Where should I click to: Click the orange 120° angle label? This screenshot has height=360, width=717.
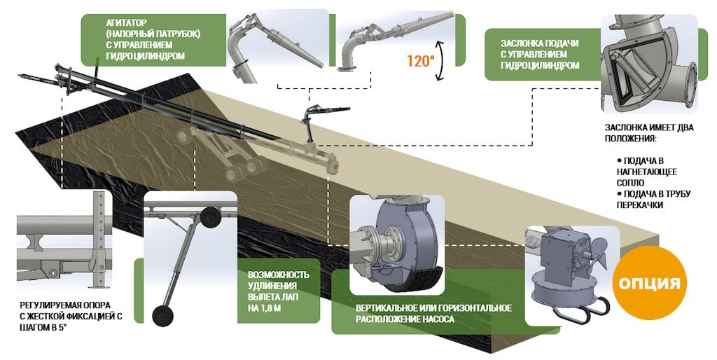point(420,61)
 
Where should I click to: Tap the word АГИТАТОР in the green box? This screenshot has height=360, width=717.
point(126,22)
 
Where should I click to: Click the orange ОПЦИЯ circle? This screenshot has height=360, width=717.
point(649,283)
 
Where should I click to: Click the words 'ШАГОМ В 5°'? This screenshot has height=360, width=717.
point(43,327)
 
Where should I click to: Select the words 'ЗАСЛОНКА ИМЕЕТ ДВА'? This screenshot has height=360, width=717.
point(649,127)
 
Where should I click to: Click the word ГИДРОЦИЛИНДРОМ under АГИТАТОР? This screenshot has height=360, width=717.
point(146,56)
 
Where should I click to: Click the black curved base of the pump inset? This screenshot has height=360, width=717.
point(414,277)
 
